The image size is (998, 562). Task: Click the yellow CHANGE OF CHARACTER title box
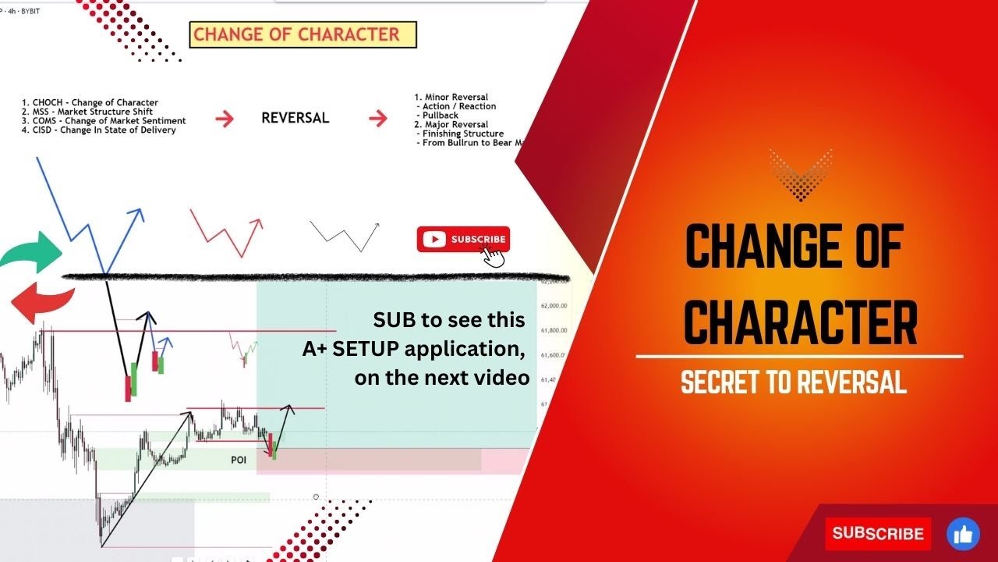303,34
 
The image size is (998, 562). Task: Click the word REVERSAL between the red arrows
295,119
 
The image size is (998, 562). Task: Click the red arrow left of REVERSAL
225,119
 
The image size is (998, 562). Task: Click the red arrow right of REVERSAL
378,119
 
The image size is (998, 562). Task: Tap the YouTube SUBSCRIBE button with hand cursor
464,240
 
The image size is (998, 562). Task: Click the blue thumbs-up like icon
963,534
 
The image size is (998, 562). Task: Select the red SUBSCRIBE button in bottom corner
878,534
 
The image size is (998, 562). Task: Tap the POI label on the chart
239,461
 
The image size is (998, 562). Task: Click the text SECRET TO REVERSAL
794,382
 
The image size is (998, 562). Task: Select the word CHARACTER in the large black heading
800,322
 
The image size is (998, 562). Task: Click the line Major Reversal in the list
456,124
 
